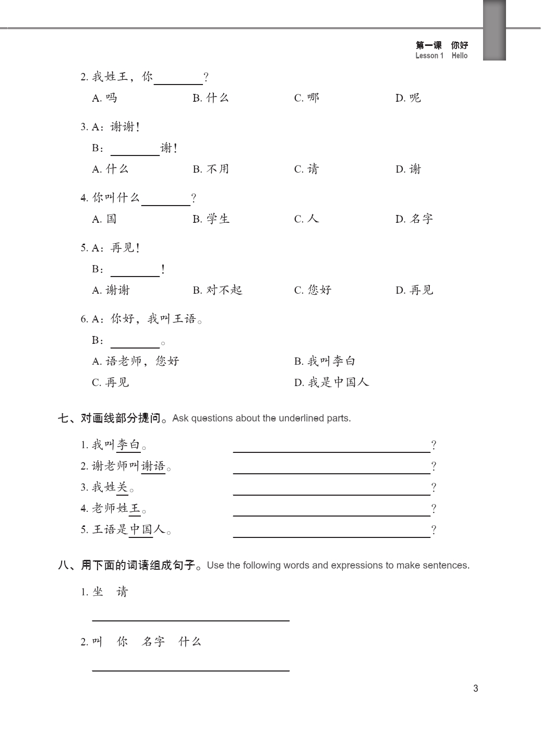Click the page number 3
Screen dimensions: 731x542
pos(475,688)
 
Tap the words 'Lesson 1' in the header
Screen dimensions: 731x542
pos(429,56)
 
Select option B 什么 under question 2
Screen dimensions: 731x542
pos(211,98)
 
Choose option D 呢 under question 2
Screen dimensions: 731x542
pos(408,98)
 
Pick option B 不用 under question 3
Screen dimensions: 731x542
pos(211,169)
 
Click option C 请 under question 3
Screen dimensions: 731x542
pos(306,169)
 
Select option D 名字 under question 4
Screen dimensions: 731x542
pos(414,219)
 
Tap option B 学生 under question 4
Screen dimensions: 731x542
pos(211,219)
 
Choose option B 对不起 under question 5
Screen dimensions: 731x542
pos(218,290)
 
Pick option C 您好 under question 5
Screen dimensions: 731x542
pos(312,290)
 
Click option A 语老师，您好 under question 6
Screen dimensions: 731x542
pos(136,361)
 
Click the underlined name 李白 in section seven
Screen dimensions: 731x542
pos(128,445)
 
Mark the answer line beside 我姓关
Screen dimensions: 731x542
pos(331,493)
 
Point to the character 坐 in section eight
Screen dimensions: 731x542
pos(98,592)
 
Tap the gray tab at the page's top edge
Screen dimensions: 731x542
pos(494,30)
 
